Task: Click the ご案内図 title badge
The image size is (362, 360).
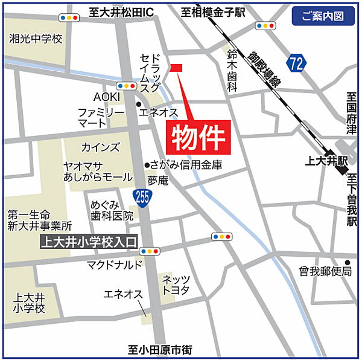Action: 323,16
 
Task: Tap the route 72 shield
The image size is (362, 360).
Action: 295,63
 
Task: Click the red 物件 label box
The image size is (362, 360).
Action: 198,135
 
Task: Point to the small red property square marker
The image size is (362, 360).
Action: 176,68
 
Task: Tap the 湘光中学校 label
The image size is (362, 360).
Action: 36,39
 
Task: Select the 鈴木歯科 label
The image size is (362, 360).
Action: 232,70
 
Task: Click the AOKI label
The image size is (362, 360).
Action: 107,97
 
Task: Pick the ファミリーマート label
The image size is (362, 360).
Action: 101,118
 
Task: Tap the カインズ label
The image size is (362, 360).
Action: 100,147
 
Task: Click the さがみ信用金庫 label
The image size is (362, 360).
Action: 186,164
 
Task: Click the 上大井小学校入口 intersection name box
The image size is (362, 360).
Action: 87,243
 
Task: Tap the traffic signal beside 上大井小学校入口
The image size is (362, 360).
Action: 150,251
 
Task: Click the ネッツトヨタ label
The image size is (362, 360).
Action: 176,284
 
